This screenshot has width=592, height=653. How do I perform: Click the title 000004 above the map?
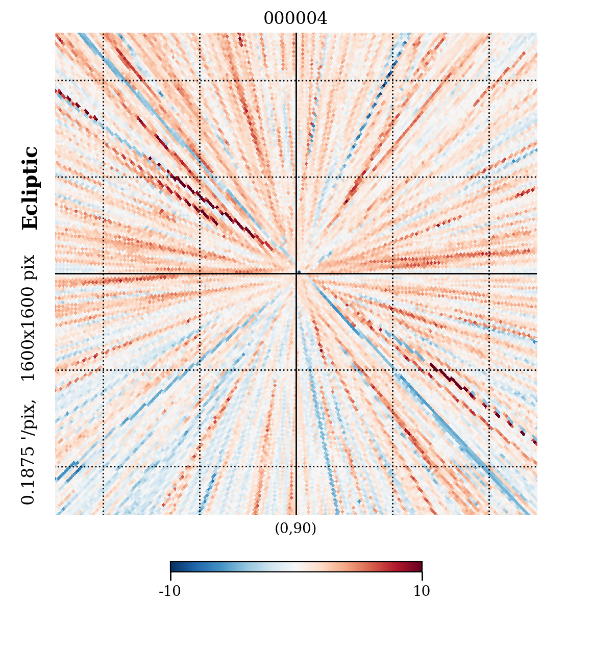pyautogui.click(x=295, y=19)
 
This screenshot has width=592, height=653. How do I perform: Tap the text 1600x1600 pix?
pyautogui.click(x=29, y=318)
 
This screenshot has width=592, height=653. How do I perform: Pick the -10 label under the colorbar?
pyautogui.click(x=170, y=591)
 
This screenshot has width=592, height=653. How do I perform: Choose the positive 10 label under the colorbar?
pyautogui.click(x=422, y=591)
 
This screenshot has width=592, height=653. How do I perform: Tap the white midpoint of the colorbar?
pyautogui.click(x=296, y=566)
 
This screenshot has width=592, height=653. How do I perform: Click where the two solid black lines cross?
pyautogui.click(x=296, y=274)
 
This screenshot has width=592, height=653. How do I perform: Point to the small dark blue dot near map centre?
pyautogui.click(x=299, y=272)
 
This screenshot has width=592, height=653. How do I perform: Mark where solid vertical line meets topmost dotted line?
pyautogui.click(x=296, y=80)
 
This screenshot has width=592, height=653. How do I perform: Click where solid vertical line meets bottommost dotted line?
pyautogui.click(x=296, y=466)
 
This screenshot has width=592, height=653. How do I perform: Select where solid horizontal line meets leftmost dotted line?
pyautogui.click(x=104, y=274)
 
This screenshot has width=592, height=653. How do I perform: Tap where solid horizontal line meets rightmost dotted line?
pyautogui.click(x=489, y=274)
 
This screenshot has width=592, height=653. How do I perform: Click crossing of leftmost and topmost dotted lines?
pyautogui.click(x=104, y=80)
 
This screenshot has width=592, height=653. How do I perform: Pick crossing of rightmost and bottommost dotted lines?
pyautogui.click(x=489, y=466)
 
